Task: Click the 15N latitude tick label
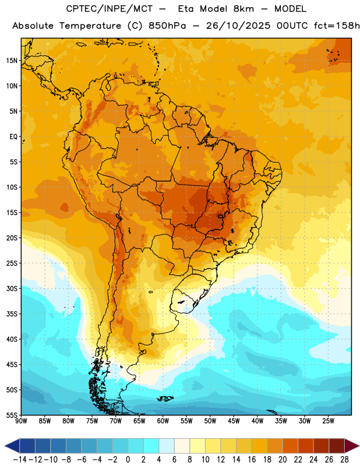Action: pos(12,61)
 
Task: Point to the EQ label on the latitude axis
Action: pos(13,137)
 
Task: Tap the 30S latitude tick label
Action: pos(12,288)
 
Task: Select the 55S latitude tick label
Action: pos(12,415)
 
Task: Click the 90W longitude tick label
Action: pos(21,421)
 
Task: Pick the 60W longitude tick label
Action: pos(163,421)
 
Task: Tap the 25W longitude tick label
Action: pos(328,421)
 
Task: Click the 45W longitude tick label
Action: pos(234,421)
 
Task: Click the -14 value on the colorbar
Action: pos(20,460)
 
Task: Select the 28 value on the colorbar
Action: pos(344,460)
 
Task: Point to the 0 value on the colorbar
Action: pos(128,460)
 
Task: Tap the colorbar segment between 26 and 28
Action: pos(337,446)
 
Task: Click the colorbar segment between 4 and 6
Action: pos(167,446)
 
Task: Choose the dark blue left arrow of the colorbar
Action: pos(12,446)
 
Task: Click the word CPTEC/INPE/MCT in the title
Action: pos(109,9)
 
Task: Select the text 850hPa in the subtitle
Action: pos(167,26)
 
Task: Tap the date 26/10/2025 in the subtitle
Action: pos(238,26)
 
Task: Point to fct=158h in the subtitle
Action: pos(337,26)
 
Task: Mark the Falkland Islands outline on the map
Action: pos(165,398)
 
